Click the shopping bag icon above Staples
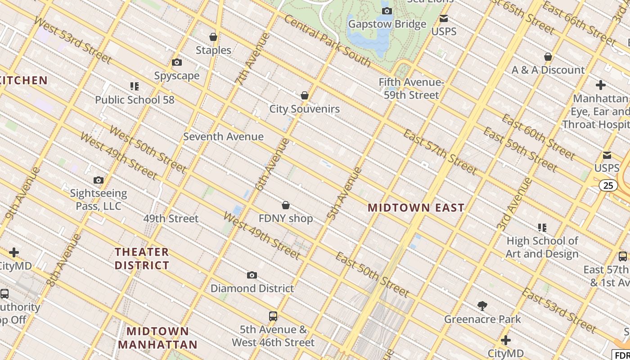pyautogui.click(x=213, y=37)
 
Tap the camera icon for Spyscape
pyautogui.click(x=177, y=62)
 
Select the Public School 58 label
pyautogui.click(x=135, y=99)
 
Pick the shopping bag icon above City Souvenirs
pyautogui.click(x=305, y=95)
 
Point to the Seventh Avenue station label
pyautogui.click(x=223, y=136)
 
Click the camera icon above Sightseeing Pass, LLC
pyautogui.click(x=98, y=180)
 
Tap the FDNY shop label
pyautogui.click(x=285, y=218)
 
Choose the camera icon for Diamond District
pyautogui.click(x=252, y=275)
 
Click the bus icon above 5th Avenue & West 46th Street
pyautogui.click(x=273, y=316)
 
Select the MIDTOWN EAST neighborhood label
pyautogui.click(x=416, y=207)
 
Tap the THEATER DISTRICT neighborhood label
pyautogui.click(x=142, y=258)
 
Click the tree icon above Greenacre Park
pyautogui.click(x=482, y=306)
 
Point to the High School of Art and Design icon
pyautogui.click(x=542, y=228)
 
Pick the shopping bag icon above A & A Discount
pyautogui.click(x=548, y=57)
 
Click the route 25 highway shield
pyautogui.click(x=608, y=185)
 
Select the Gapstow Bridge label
pyautogui.click(x=387, y=24)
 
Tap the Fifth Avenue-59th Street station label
pyautogui.click(x=411, y=89)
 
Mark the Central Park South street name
pyautogui.click(x=328, y=41)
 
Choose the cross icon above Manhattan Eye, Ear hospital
pyautogui.click(x=600, y=85)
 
